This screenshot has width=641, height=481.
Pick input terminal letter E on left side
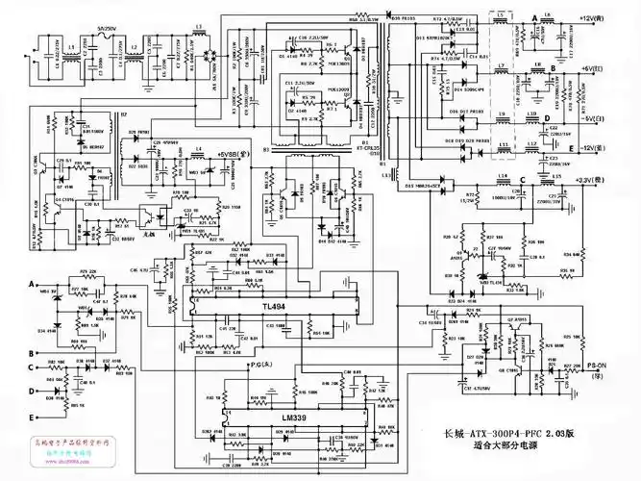pyautogui.click(x=32, y=416)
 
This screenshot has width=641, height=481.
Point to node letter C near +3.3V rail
pyautogui.click(x=523, y=179)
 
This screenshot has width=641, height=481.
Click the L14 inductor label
pyautogui.click(x=502, y=176)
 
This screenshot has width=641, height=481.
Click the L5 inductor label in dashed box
pyautogui.click(x=500, y=16)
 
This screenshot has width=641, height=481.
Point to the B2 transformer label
pyautogui.click(x=123, y=114)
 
